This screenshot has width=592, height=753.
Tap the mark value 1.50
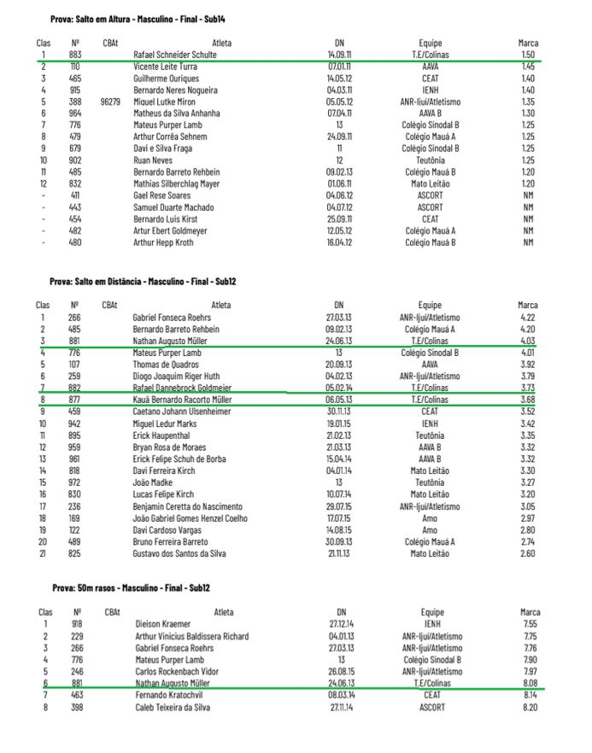[x=528, y=55]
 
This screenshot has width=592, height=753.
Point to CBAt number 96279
[x=110, y=102]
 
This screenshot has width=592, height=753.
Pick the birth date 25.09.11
[x=339, y=219]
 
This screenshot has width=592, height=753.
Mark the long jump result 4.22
[x=528, y=318]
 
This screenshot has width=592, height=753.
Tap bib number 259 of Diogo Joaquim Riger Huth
[x=74, y=376]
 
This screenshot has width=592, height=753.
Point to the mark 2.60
[x=528, y=553]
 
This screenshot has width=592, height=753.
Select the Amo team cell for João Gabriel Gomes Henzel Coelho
[x=431, y=517]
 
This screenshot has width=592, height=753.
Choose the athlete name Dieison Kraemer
[x=165, y=624]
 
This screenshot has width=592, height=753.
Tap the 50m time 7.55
[x=530, y=624]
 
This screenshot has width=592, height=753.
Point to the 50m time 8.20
[x=530, y=708]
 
